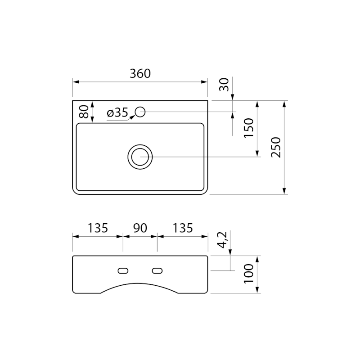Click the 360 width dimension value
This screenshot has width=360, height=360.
(x=140, y=73)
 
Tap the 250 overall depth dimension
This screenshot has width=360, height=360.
(x=276, y=148)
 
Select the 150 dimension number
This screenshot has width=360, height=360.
(x=249, y=128)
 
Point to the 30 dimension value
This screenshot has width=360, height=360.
(x=224, y=85)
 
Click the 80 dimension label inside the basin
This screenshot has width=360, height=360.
(x=84, y=112)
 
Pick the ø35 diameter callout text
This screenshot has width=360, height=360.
(x=117, y=112)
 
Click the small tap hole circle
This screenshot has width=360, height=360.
(x=140, y=112)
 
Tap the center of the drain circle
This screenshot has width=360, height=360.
(x=140, y=157)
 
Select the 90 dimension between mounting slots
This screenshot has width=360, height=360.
(x=140, y=228)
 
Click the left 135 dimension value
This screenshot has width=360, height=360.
(x=98, y=228)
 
